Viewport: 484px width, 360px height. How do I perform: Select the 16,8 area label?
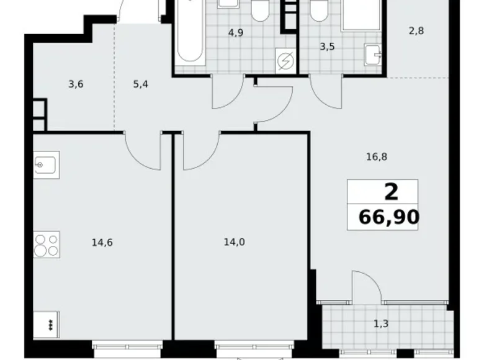[377, 157]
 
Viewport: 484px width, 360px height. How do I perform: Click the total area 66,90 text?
[387, 217]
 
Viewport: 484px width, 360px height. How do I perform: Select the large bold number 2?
[391, 192]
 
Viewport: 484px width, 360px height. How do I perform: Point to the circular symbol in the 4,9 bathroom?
[285, 61]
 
